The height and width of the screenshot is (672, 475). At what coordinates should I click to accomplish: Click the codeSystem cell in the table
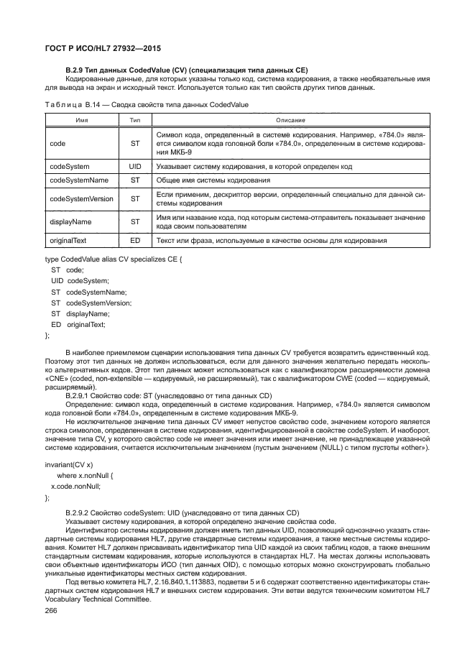coord(70,165)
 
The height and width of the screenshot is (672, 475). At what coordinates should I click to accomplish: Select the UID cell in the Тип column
coord(134,165)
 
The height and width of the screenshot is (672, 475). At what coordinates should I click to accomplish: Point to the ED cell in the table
coord(134,240)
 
